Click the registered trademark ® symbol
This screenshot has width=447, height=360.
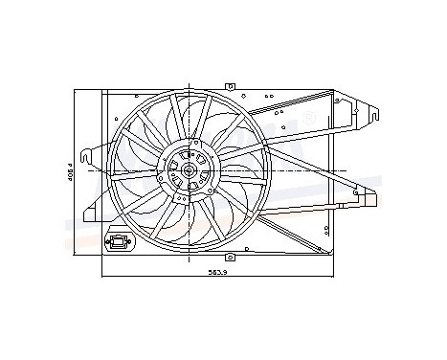tap(308, 117)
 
